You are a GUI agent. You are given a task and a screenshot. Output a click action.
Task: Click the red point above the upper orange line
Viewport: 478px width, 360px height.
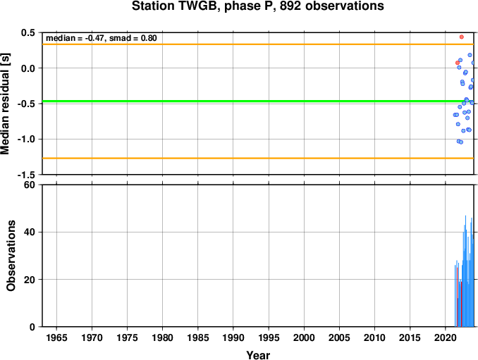[462, 37]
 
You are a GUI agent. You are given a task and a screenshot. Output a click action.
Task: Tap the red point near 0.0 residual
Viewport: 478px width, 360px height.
[458, 63]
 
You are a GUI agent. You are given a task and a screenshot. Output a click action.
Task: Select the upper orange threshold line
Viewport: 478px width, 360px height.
[258, 44]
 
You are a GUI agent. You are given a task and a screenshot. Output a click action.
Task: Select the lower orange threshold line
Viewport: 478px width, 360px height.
[258, 159]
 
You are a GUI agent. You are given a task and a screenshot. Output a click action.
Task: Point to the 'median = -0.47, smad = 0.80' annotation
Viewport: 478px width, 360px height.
[102, 38]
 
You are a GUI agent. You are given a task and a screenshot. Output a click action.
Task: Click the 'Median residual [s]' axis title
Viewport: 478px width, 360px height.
[5, 104]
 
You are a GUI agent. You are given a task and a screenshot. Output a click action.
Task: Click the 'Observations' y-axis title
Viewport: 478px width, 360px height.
[11, 256]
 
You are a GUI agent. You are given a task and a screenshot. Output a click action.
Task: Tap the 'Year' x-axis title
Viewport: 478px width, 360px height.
[258, 355]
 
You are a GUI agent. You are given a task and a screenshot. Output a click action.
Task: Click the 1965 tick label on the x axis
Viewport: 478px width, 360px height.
[56, 337]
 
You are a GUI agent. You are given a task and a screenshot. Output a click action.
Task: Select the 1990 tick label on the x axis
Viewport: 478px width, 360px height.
[233, 337]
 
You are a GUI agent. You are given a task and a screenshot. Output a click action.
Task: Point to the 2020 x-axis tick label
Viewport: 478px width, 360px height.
[446, 337]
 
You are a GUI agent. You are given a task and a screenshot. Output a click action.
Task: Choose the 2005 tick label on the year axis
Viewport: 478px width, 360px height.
[339, 337]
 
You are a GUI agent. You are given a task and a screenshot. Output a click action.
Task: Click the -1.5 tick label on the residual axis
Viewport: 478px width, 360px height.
[27, 175]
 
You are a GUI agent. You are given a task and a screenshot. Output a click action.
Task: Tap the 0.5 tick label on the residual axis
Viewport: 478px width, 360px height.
[28, 32]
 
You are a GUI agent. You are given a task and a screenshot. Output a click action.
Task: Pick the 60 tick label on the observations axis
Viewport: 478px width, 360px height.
[30, 185]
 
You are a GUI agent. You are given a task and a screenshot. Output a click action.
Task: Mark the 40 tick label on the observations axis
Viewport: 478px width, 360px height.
[30, 232]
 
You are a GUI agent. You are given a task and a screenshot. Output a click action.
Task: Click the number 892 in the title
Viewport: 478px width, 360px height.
[290, 6]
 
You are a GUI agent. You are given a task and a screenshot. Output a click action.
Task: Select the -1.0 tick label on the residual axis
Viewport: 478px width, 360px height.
[27, 139]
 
